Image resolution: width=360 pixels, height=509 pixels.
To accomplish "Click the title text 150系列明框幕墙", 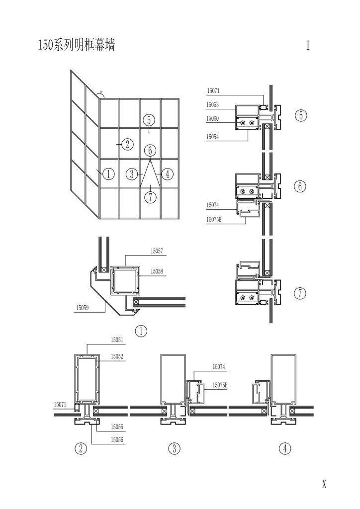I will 76,46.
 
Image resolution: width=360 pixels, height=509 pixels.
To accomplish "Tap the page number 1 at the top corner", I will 308,46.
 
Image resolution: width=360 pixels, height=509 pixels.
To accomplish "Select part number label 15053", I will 213,105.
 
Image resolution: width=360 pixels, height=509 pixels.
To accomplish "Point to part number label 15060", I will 213,118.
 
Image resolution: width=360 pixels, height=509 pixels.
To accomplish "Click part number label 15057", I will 157,252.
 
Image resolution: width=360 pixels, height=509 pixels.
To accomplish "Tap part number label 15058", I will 157,272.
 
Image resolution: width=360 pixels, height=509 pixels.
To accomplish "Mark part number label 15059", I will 83,308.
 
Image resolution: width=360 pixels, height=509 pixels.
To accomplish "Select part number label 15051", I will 117,340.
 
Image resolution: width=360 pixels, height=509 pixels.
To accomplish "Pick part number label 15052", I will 117,356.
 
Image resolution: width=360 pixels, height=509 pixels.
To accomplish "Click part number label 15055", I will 117,426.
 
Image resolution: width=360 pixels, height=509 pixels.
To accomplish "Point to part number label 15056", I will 117,439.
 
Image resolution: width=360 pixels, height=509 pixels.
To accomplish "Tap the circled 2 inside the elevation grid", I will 127,145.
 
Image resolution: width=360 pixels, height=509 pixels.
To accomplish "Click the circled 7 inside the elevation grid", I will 150,197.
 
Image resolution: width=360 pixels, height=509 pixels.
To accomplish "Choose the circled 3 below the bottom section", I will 174,449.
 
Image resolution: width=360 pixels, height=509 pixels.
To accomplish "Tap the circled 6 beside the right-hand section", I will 300,186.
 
